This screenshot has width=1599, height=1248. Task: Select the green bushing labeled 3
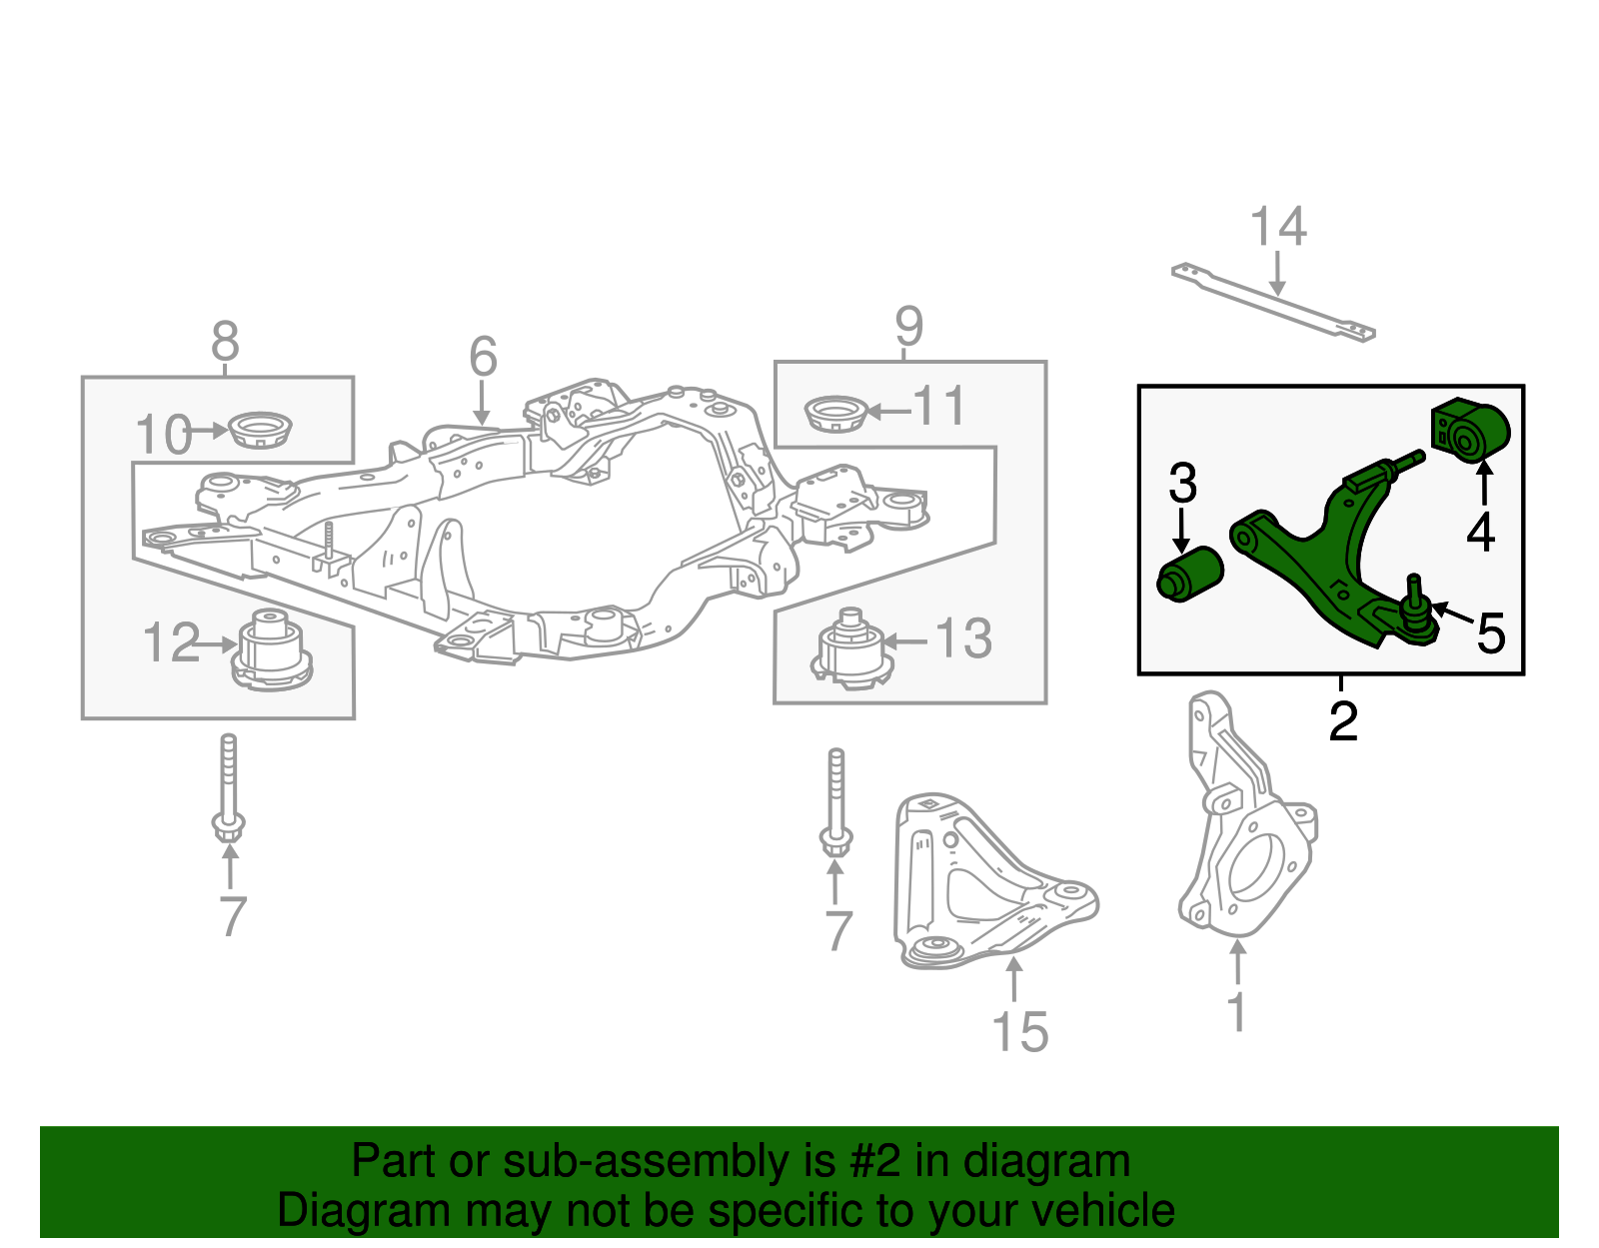1189,575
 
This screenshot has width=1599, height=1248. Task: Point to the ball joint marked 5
1416,618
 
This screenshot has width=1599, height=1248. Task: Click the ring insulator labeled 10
260,431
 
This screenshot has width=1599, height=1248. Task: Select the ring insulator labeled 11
835,414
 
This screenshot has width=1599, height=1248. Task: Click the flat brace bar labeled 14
1274,302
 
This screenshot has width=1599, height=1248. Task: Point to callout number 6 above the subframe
483,356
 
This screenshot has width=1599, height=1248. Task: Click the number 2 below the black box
1343,721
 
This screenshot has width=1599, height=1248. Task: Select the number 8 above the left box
225,342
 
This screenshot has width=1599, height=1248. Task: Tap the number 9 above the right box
908,326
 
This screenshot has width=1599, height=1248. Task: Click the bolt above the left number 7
229,789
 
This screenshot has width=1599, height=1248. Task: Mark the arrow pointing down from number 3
1182,530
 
